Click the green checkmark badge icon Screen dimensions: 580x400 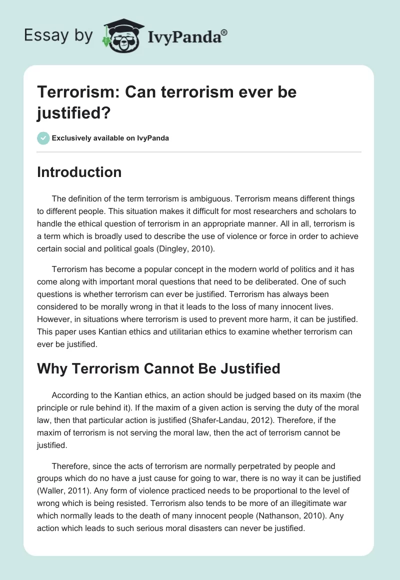pyautogui.click(x=43, y=138)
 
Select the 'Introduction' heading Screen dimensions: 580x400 pyautogui.click(x=79, y=172)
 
